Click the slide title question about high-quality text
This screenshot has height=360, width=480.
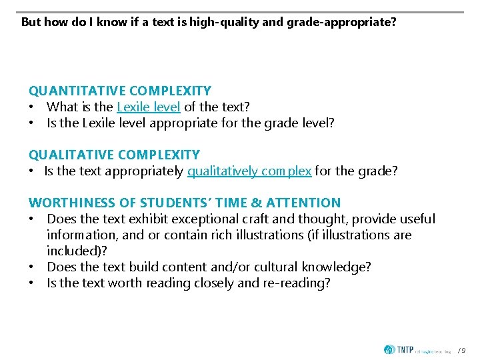point(208,22)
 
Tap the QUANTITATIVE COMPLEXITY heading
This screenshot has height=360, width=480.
point(120,91)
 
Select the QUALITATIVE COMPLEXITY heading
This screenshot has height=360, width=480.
point(114,155)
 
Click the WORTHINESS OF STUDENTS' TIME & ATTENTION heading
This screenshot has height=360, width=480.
point(185,203)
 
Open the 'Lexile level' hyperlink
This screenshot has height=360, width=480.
point(148,107)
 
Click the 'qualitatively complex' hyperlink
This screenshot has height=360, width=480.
point(249,171)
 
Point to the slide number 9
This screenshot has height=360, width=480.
point(465,350)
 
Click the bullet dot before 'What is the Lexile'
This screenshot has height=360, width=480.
point(31,107)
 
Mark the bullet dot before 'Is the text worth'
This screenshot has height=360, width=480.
point(31,283)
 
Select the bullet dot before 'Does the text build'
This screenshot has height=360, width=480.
point(31,267)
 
